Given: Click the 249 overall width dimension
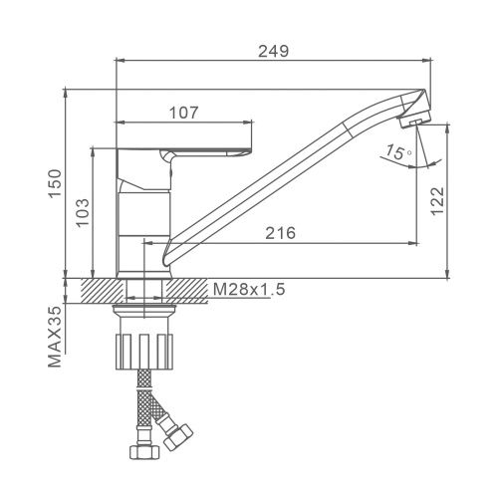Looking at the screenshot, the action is click(x=274, y=52).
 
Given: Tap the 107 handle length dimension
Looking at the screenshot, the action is click(x=183, y=113).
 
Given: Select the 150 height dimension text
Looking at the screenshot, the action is click(x=55, y=183).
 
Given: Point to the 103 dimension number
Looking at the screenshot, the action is click(x=83, y=212).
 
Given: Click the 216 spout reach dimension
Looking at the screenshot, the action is click(x=280, y=233).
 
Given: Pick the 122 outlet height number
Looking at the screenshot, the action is click(x=437, y=201).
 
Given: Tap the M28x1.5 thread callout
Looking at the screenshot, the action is click(x=249, y=289).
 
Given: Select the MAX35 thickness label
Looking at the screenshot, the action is click(x=55, y=336).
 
